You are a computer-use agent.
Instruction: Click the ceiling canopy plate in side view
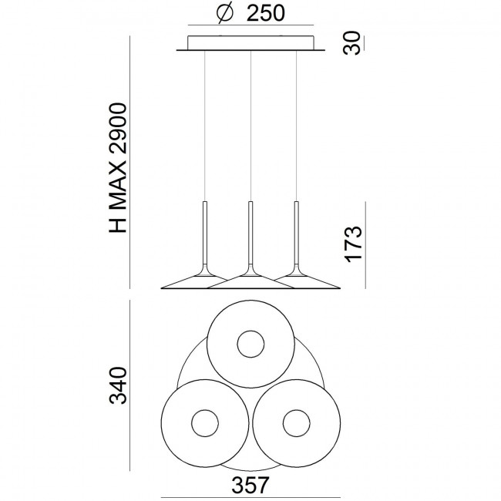[x=250, y=43]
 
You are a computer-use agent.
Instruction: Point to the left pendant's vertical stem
[x=206, y=231]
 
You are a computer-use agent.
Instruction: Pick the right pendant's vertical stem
[x=295, y=231]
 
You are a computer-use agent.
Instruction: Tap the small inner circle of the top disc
[x=250, y=344]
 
